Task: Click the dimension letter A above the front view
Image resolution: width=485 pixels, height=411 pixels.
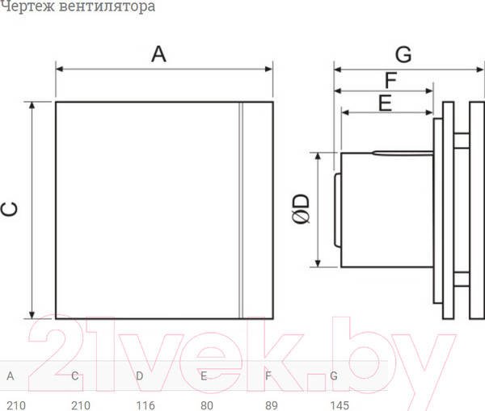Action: point(159,54)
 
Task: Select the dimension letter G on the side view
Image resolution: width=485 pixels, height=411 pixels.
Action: point(403,54)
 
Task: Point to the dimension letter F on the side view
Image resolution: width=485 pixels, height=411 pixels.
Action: point(390,81)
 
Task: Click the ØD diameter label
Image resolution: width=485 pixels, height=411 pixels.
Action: point(301,208)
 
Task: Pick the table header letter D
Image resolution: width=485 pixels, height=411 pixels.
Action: point(140,375)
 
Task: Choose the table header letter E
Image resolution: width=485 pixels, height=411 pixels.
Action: point(205,375)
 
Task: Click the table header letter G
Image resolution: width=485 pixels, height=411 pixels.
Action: point(334,375)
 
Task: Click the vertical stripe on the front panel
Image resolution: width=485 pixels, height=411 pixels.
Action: point(241,210)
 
